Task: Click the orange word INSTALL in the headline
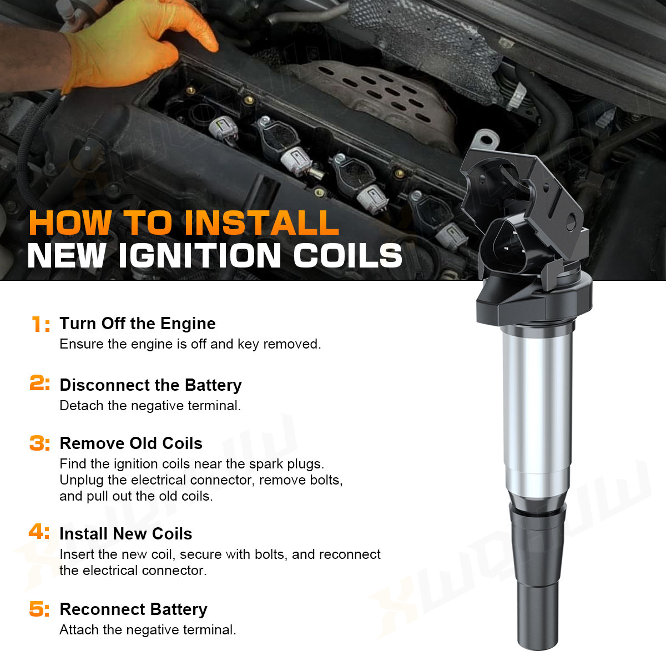click(x=261, y=223)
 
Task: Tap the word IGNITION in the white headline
click(x=199, y=255)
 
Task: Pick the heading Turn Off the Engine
click(x=138, y=324)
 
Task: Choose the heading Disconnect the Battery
click(x=151, y=385)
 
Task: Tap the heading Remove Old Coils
click(x=131, y=443)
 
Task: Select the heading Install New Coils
click(x=126, y=534)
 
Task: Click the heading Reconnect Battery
click(x=133, y=609)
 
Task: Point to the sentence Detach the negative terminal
click(x=150, y=406)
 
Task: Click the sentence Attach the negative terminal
click(x=148, y=630)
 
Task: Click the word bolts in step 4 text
click(x=271, y=554)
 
